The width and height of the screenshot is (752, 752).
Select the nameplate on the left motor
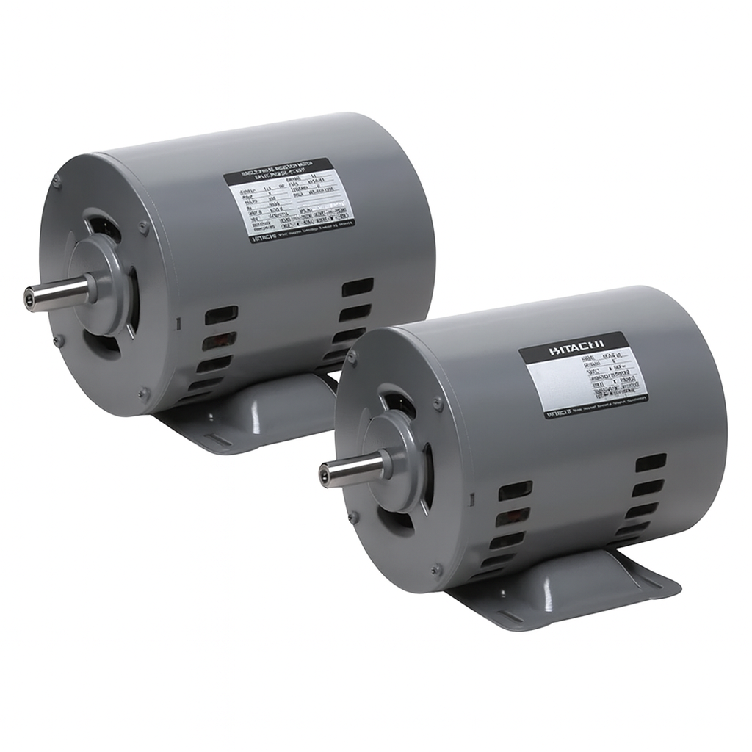(x=289, y=200)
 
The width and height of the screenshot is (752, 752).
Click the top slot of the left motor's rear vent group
(x=358, y=287)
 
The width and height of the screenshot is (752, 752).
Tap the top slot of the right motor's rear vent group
(x=651, y=463)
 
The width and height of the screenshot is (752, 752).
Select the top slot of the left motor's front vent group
(x=221, y=314)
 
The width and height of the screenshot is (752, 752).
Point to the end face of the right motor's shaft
(x=324, y=474)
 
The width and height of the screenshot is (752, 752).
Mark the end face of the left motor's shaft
(x=29, y=298)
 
